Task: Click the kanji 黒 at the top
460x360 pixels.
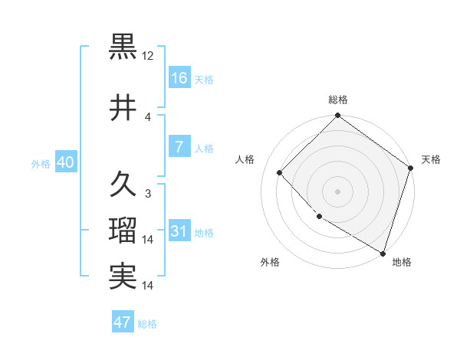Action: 123,46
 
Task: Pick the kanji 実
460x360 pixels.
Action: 123,277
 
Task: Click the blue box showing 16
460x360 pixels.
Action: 179,78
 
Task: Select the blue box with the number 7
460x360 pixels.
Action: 179,147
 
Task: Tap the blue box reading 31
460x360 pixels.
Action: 179,231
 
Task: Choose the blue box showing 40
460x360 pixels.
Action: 65,162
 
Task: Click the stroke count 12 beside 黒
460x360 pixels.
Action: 149,56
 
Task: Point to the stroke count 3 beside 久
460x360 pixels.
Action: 148,194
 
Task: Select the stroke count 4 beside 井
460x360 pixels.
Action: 148,117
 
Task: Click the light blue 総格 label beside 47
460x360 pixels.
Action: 147,324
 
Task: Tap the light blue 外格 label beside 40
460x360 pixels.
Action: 41,163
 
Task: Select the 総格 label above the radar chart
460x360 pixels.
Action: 338,100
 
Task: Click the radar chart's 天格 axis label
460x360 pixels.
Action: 431,159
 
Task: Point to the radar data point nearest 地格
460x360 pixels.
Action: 383,252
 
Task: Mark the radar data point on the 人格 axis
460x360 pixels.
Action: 280,172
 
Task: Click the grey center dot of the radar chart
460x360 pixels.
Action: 337,191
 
